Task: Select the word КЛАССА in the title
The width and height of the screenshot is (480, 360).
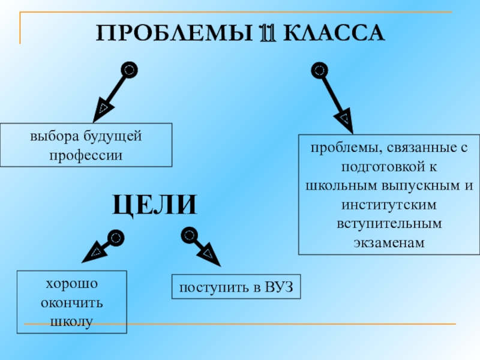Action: pos(333,32)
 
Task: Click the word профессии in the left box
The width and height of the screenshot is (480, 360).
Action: pos(86,155)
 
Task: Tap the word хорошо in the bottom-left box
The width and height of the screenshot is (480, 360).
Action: pos(73,283)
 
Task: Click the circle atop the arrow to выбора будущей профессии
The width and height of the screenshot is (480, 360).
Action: pos(128,70)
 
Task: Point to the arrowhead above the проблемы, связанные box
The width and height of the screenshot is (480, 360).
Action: pos(344,118)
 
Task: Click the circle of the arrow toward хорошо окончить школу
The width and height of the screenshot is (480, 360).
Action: pos(116,238)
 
